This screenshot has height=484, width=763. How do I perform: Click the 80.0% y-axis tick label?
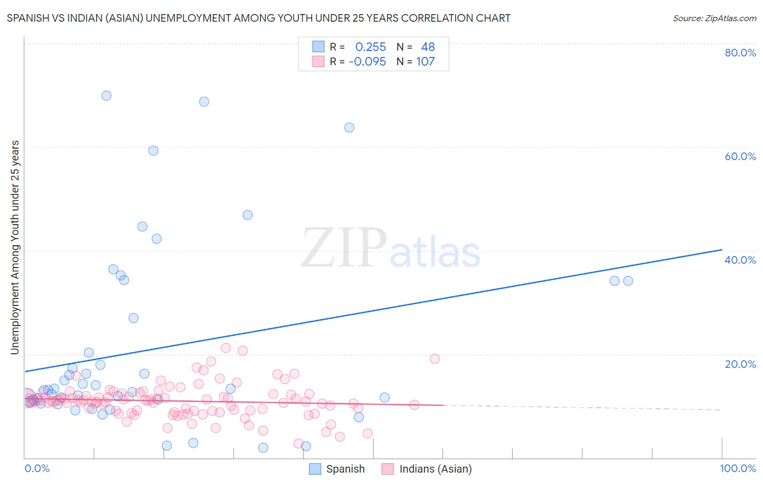[x=740, y=53]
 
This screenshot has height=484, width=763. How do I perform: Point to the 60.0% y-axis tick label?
[x=740, y=156]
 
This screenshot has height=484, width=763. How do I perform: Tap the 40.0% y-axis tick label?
[x=740, y=260]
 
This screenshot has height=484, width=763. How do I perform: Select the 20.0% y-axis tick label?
[x=740, y=364]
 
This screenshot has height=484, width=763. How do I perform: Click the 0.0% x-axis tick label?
[x=37, y=468]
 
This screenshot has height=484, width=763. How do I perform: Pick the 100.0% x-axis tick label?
[x=738, y=468]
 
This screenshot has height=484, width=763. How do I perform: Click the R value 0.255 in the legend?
[x=371, y=47]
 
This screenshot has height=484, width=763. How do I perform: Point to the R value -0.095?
[x=367, y=62]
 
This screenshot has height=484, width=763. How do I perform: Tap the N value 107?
[x=425, y=62]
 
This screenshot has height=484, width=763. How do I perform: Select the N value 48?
[x=428, y=47]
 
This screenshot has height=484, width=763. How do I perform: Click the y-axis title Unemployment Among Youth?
[x=15, y=247]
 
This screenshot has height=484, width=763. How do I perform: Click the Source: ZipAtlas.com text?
[x=714, y=18]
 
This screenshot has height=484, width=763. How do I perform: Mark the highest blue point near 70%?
[x=106, y=95]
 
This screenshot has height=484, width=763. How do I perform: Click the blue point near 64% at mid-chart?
[x=349, y=128]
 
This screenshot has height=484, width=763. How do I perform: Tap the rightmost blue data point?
[x=628, y=281]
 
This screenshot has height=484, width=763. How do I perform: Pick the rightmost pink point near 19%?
[x=435, y=359]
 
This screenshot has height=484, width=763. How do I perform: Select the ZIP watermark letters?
[x=344, y=248]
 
